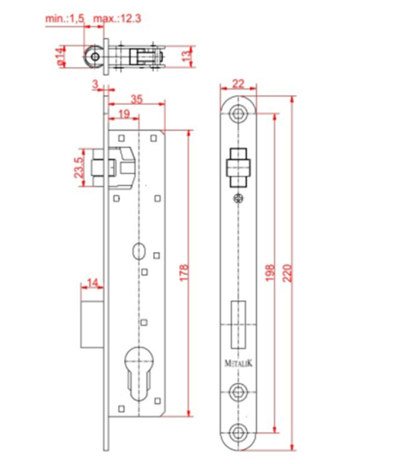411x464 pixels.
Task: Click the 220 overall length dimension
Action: pyautogui.click(x=287, y=274)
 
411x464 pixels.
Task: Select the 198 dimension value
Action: pyautogui.click(x=269, y=273)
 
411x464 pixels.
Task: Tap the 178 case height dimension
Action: pyautogui.click(x=183, y=273)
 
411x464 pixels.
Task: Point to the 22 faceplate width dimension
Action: pyautogui.click(x=239, y=84)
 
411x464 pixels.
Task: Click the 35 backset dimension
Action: pyautogui.click(x=136, y=99)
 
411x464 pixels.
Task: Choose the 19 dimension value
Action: pyautogui.click(x=124, y=114)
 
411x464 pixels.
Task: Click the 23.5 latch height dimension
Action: pyautogui.click(x=78, y=167)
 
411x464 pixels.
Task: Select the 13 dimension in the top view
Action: pyautogui.click(x=186, y=56)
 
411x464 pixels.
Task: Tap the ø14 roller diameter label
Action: pyautogui.click(x=60, y=56)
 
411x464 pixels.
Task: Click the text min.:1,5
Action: pyautogui.click(x=65, y=19)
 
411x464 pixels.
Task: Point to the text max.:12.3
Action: pyautogui.click(x=118, y=19)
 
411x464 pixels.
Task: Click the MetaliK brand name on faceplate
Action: pyautogui.click(x=239, y=364)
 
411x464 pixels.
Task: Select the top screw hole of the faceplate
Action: pyautogui.click(x=239, y=114)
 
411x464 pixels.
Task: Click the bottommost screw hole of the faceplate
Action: pyautogui.click(x=238, y=433)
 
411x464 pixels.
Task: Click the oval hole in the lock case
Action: pyautogui.click(x=139, y=252)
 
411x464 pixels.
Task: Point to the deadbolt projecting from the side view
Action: pyautogui.click(x=92, y=324)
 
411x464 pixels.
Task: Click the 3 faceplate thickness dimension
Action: pyautogui.click(x=95, y=84)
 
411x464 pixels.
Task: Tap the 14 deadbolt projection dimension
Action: pyautogui.click(x=92, y=283)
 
